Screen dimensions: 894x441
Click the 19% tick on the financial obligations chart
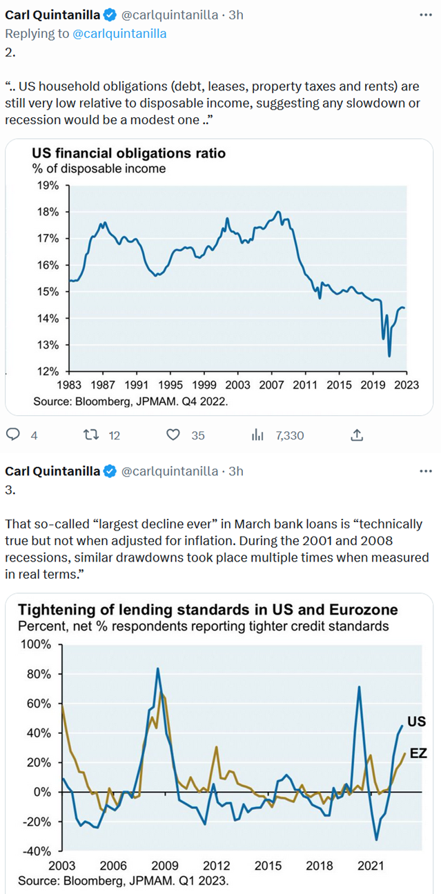coord(47,186)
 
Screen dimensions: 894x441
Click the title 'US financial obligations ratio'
coord(128,153)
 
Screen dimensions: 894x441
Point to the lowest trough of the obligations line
coord(389,356)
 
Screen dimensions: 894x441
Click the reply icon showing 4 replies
coord(12,435)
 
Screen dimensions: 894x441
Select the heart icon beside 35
coord(174,435)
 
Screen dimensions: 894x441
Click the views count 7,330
coord(289,435)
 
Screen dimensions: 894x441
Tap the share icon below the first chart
coord(357,435)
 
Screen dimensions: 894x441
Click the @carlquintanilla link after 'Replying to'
coord(119,32)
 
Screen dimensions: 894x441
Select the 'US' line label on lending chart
coord(416,722)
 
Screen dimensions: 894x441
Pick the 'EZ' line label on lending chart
coord(418,754)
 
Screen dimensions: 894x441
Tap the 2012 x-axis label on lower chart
coord(216,866)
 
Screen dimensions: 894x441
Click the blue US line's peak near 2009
coord(158,668)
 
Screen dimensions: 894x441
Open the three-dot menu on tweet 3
coord(426,471)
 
